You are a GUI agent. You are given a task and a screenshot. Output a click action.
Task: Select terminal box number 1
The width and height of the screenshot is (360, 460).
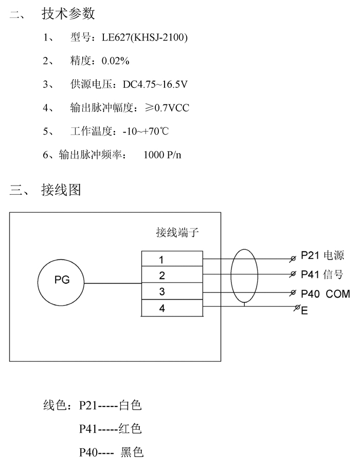[x=172, y=259]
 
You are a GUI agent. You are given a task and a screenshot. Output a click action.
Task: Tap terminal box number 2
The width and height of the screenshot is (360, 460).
[x=172, y=274]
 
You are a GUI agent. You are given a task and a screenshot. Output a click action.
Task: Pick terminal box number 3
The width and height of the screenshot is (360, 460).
[x=172, y=291]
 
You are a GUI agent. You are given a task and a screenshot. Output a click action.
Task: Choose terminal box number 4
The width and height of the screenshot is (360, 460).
[x=172, y=308]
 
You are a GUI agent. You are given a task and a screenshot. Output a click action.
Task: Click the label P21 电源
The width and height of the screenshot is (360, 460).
[x=322, y=255]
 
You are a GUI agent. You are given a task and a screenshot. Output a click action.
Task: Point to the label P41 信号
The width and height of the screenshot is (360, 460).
[x=322, y=274]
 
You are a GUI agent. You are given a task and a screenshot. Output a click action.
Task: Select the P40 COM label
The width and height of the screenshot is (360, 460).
[x=326, y=293]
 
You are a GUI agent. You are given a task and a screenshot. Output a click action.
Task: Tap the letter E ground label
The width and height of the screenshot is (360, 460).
[x=304, y=310]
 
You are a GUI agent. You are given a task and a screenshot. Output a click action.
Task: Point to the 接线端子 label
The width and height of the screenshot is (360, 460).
[x=177, y=233]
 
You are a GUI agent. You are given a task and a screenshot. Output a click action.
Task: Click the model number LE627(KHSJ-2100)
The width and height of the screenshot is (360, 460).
[x=145, y=38]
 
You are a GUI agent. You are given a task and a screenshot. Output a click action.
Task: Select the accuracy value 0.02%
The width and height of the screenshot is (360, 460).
[x=115, y=61]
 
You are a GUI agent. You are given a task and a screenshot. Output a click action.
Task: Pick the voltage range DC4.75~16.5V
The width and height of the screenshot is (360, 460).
[x=155, y=84]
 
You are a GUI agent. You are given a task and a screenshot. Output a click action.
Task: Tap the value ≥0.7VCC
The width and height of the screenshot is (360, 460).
[x=167, y=108]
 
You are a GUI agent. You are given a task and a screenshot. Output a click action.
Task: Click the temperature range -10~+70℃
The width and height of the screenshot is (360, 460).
[x=146, y=131]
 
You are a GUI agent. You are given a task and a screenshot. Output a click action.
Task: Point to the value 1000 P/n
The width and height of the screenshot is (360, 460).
[x=162, y=155]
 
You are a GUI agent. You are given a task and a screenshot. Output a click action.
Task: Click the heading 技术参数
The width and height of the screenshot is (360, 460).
[x=68, y=14]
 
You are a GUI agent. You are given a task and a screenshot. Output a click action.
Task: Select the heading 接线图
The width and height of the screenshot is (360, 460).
[x=61, y=190]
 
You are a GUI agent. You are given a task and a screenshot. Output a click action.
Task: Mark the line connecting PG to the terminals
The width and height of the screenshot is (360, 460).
[x=113, y=283]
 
